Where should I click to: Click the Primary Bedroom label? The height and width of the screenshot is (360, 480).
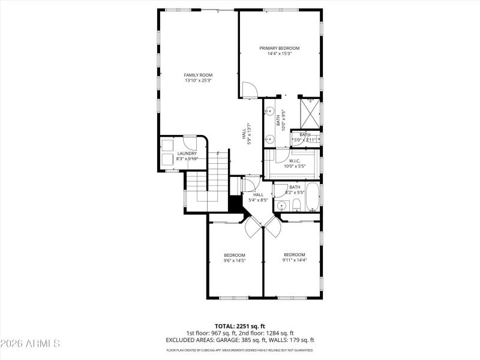pyautogui.click(x=279, y=48)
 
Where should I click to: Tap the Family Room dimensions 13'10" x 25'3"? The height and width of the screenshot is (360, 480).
pyautogui.click(x=198, y=80)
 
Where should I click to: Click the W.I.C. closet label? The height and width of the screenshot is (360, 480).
pyautogui.click(x=294, y=160)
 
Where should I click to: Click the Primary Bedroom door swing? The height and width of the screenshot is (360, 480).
pyautogui.click(x=249, y=90)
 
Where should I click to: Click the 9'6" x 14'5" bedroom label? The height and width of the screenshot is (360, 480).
pyautogui.click(x=235, y=254)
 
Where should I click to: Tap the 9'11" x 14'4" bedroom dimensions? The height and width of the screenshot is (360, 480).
pyautogui.click(x=295, y=260)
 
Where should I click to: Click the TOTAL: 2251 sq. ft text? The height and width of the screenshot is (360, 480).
pyautogui.click(x=240, y=326)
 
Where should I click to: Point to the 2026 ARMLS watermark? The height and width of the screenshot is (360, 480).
pyautogui.click(x=30, y=344)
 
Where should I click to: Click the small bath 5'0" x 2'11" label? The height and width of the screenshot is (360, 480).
pyautogui.click(x=304, y=137)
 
